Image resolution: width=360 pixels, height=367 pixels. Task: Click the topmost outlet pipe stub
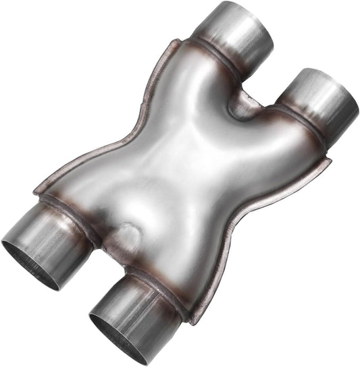tap(236, 30)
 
